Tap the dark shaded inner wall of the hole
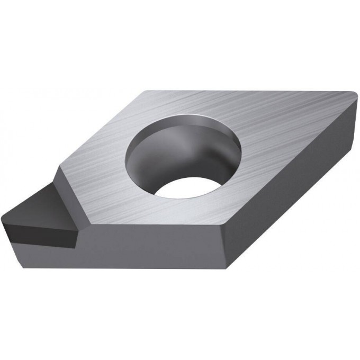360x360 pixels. tap(159, 151)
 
